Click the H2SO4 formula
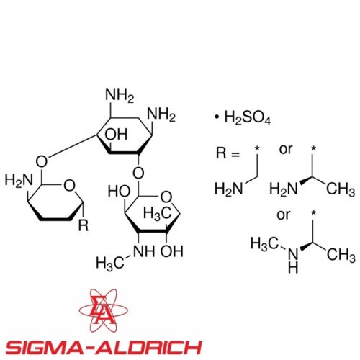pyautogui.click(x=248, y=117)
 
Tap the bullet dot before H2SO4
pyautogui.click(x=217, y=117)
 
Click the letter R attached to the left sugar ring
pyautogui.click(x=84, y=225)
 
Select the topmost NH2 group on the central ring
pyautogui.click(x=120, y=96)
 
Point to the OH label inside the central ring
pyautogui.click(x=116, y=135)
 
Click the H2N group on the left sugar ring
pyautogui.click(x=19, y=180)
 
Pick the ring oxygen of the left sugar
pyautogui.click(x=69, y=186)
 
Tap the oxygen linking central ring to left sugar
pyautogui.click(x=42, y=161)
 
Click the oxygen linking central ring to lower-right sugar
pyautogui.click(x=138, y=173)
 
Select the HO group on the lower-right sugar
pyautogui.click(x=119, y=192)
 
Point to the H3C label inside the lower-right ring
pyautogui.click(x=158, y=213)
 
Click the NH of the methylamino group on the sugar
pyautogui.click(x=144, y=251)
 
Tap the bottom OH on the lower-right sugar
pyautogui.click(x=172, y=251)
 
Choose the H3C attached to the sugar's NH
pyautogui.click(x=110, y=263)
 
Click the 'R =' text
pyautogui.click(x=228, y=153)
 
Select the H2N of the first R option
pyautogui.click(x=229, y=189)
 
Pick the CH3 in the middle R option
pyautogui.click(x=341, y=189)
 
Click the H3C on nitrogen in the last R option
pyautogui.click(x=265, y=244)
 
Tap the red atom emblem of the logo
pyautogui.click(x=104, y=310)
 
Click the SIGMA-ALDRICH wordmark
pyautogui.click(x=104, y=348)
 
